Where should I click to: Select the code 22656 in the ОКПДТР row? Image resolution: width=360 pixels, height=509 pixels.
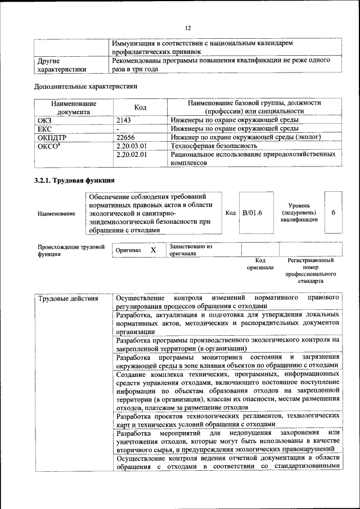point(127,137)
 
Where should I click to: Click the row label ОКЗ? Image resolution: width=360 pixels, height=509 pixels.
point(44,120)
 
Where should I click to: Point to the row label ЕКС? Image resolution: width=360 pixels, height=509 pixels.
point(44,128)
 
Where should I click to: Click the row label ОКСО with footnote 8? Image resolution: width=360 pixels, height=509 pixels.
point(48,145)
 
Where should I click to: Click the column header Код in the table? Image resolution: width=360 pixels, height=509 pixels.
point(140,107)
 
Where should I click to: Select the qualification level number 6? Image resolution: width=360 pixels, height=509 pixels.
point(334,213)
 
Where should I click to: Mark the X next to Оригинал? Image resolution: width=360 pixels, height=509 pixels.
point(153,249)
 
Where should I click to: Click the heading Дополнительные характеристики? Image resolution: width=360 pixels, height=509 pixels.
point(85,87)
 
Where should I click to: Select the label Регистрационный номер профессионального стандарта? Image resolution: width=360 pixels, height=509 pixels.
point(310,270)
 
